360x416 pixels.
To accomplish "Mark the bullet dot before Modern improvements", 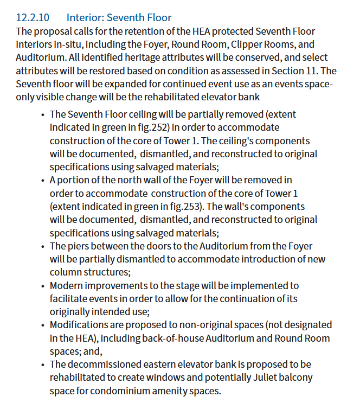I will pos(43,286).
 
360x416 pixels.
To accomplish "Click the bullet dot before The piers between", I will pos(43,246).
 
